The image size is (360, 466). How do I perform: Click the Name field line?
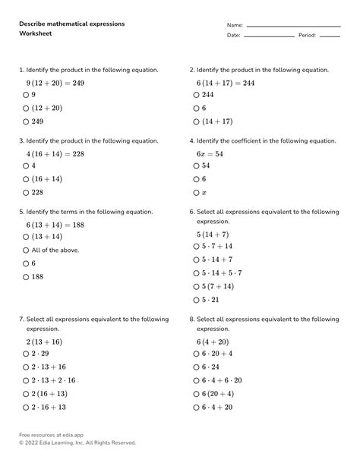pyautogui.click(x=292, y=26)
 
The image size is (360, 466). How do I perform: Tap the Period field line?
pyautogui.click(x=330, y=36)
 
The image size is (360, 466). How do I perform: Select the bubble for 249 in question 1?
pyautogui.click(x=26, y=121)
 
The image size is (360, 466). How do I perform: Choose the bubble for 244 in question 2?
pyautogui.click(x=196, y=95)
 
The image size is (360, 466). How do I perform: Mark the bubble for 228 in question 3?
pyautogui.click(x=26, y=193)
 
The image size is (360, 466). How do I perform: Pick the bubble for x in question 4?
pyautogui.click(x=196, y=193)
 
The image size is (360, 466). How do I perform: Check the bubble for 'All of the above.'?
pyautogui.click(x=26, y=250)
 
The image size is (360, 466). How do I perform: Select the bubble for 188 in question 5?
pyautogui.click(x=26, y=277)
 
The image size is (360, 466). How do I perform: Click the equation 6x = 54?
pyautogui.click(x=210, y=153)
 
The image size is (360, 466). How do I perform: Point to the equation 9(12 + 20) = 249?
pyautogui.click(x=45, y=82)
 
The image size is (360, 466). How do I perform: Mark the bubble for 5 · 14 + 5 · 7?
pyautogui.click(x=196, y=273)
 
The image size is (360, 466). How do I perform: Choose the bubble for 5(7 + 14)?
pyautogui.click(x=196, y=287)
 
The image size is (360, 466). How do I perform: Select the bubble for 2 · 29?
pyautogui.click(x=26, y=354)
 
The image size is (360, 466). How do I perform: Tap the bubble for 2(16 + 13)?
pyautogui.click(x=26, y=394)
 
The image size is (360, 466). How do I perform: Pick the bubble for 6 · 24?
pyautogui.click(x=196, y=367)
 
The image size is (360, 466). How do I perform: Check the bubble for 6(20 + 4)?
pyautogui.click(x=196, y=394)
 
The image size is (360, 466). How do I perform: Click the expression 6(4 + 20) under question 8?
pyautogui.click(x=214, y=342)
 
